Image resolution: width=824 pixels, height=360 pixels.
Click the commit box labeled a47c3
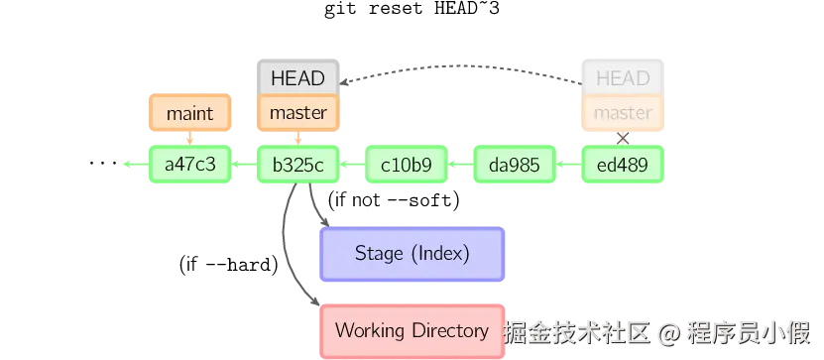pyautogui.click(x=189, y=165)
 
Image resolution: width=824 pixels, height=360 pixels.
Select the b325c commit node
pyautogui.click(x=297, y=165)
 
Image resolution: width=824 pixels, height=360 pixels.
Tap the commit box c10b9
pyautogui.click(x=407, y=165)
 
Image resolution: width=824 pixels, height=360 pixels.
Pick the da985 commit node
pyautogui.click(x=515, y=165)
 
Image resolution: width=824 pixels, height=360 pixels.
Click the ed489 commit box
pyautogui.click(x=623, y=165)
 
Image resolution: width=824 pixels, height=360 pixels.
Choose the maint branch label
pyautogui.click(x=189, y=113)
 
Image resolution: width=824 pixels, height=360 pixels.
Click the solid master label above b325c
pyautogui.click(x=297, y=113)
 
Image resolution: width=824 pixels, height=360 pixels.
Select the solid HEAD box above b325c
pyautogui.click(x=297, y=78)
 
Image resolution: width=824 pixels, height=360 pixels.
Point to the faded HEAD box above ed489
pyautogui.click(x=623, y=78)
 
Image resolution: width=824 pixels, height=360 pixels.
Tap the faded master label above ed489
pyautogui.click(x=623, y=113)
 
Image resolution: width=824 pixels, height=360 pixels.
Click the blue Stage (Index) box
pyautogui.click(x=412, y=254)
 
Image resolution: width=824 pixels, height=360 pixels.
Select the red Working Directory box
pyautogui.click(x=412, y=330)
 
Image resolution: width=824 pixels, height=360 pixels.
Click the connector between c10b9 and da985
pyautogui.click(x=460, y=165)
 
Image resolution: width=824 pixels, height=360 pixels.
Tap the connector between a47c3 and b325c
pyautogui.click(x=244, y=165)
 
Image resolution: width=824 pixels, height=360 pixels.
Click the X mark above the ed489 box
pyautogui.click(x=623, y=138)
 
